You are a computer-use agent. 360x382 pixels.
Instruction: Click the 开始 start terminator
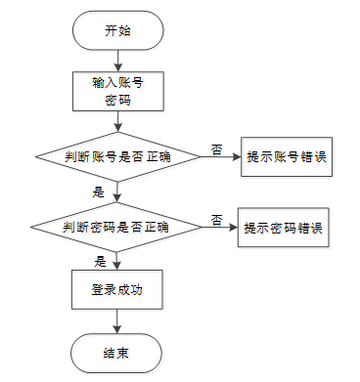tap(117, 30)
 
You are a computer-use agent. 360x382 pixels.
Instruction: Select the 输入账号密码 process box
tap(118, 92)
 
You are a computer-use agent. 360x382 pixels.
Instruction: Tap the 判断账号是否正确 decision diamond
tap(118, 157)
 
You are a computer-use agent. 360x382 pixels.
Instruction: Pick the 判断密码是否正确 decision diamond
tap(116, 227)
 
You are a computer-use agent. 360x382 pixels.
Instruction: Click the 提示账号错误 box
tap(287, 157)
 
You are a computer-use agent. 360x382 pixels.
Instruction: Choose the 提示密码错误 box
tap(284, 228)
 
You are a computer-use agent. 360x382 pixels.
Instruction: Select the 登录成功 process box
tap(117, 289)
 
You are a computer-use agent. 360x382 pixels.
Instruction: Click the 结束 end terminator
tap(116, 353)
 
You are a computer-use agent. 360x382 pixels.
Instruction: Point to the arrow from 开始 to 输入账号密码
tap(117, 61)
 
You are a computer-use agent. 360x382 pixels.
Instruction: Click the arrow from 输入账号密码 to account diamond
tap(118, 121)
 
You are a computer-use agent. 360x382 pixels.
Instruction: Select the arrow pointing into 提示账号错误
tap(221, 157)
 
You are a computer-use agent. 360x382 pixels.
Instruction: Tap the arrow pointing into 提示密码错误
tap(220, 228)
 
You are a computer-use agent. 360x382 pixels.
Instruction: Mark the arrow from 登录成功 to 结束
tap(116, 321)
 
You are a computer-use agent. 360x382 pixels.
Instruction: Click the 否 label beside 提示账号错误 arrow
tap(216, 149)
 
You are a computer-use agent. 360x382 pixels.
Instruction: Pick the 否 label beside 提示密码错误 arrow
tap(216, 220)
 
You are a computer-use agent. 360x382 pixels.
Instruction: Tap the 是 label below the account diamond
tap(98, 192)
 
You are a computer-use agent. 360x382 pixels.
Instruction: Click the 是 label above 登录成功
tap(100, 262)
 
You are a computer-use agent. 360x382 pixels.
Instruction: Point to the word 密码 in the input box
tap(118, 100)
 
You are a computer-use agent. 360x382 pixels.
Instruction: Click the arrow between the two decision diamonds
tap(116, 192)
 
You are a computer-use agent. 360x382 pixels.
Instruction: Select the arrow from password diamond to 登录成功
tap(116, 261)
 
